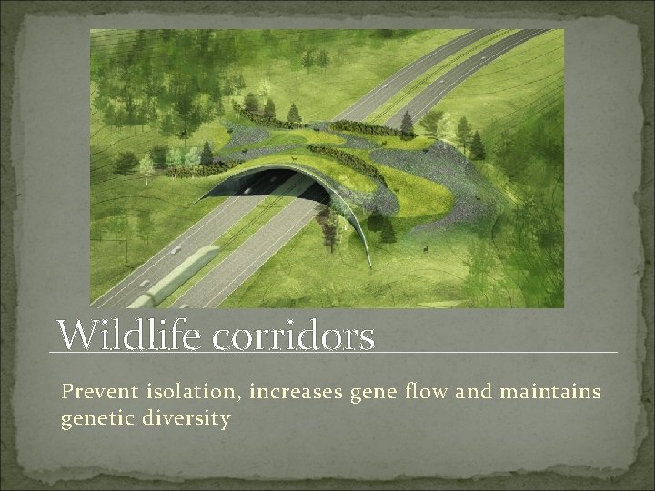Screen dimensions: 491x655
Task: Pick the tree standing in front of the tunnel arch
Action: coord(331,223)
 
